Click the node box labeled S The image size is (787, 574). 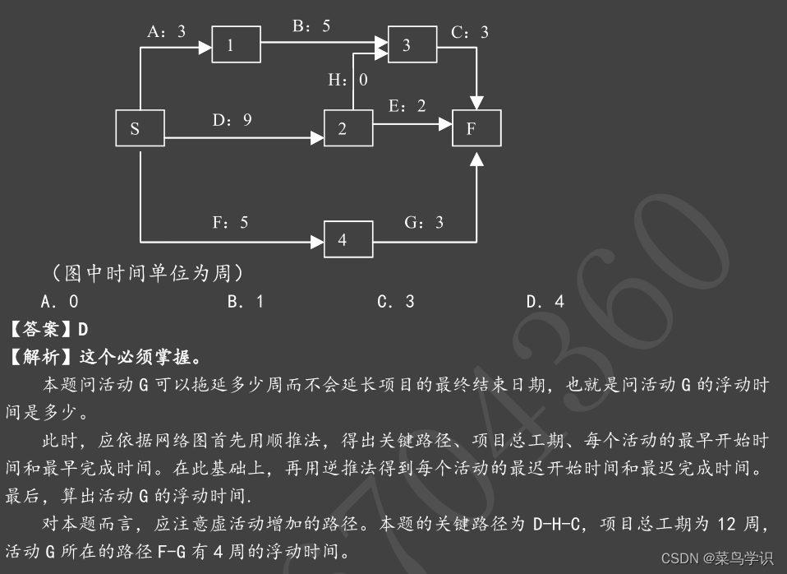140,128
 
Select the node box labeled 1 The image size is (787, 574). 237,44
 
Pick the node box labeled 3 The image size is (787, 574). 412,44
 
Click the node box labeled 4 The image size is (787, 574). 348,239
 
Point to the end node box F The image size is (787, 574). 476,128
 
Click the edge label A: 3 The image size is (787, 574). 167,31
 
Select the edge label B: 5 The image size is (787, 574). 311,25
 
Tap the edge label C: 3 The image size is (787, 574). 470,32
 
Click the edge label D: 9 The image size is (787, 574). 232,120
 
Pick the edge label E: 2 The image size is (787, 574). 407,106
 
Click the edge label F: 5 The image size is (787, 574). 229,222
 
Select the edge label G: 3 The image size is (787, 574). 424,222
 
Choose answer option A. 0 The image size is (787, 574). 60,301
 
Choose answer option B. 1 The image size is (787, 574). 246,301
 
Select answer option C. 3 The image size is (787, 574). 396,301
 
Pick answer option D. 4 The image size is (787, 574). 545,301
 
